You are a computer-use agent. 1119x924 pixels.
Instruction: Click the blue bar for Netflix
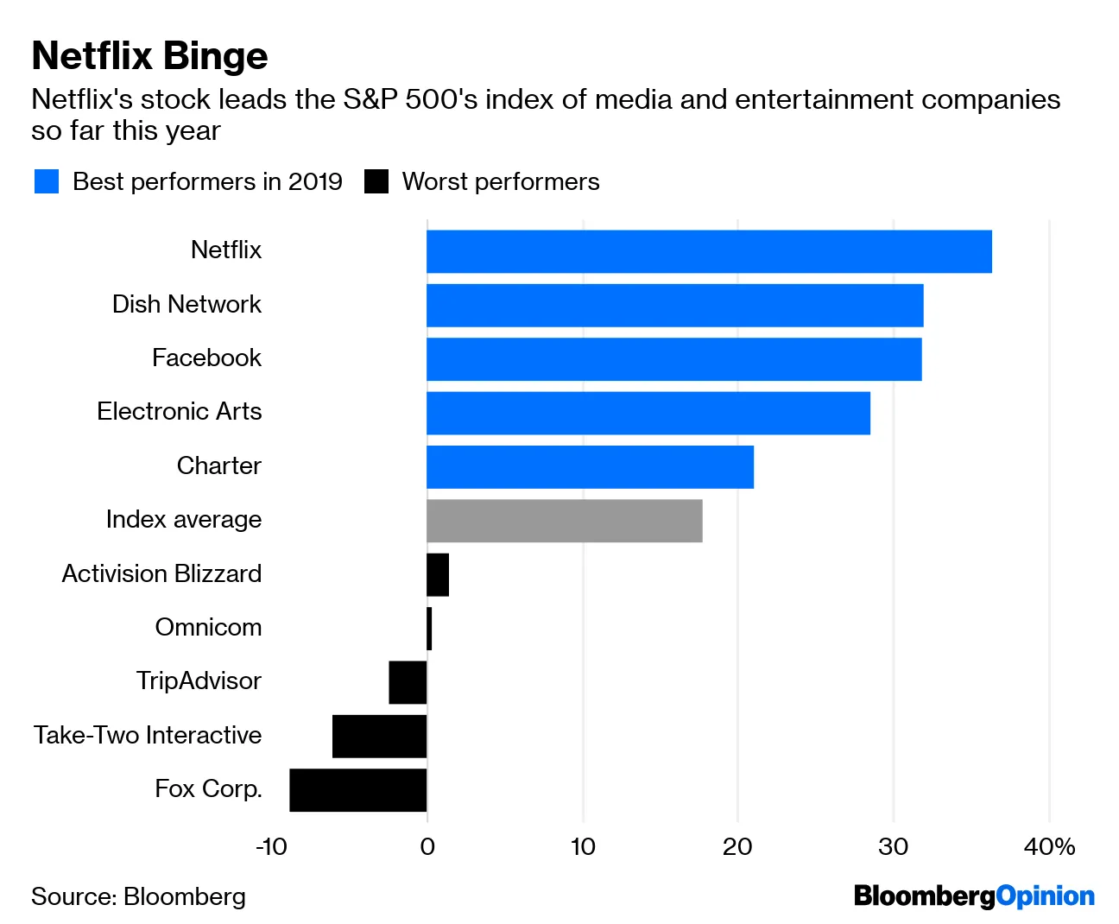tap(709, 251)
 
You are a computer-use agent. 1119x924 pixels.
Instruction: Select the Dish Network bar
tap(674, 306)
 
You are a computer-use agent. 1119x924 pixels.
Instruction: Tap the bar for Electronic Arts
tap(648, 413)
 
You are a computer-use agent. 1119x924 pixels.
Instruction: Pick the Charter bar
tap(590, 467)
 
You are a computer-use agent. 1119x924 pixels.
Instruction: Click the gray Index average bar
tap(564, 521)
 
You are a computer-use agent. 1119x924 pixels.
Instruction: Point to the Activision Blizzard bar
tap(438, 575)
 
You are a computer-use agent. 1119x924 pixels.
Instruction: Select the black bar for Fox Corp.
tap(358, 790)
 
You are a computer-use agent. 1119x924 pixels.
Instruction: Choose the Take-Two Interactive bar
tap(380, 737)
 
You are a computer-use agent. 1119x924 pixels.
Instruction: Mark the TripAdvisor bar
tap(408, 682)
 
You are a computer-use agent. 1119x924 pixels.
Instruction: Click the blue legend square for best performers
tap(47, 181)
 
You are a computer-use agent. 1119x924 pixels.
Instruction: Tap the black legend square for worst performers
tap(376, 181)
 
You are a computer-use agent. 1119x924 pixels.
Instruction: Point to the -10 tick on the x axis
tap(271, 846)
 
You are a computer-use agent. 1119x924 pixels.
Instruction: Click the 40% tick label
tap(1049, 846)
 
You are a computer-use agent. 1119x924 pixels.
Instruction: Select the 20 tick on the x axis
tap(737, 846)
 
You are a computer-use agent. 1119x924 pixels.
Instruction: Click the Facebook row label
tap(206, 358)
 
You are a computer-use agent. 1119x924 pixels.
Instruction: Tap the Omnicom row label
tap(208, 627)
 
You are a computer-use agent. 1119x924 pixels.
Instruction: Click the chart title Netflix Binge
tap(149, 56)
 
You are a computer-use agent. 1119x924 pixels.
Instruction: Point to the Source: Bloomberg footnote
tap(138, 896)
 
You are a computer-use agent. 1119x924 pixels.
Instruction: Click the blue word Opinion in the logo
tap(1046, 896)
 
